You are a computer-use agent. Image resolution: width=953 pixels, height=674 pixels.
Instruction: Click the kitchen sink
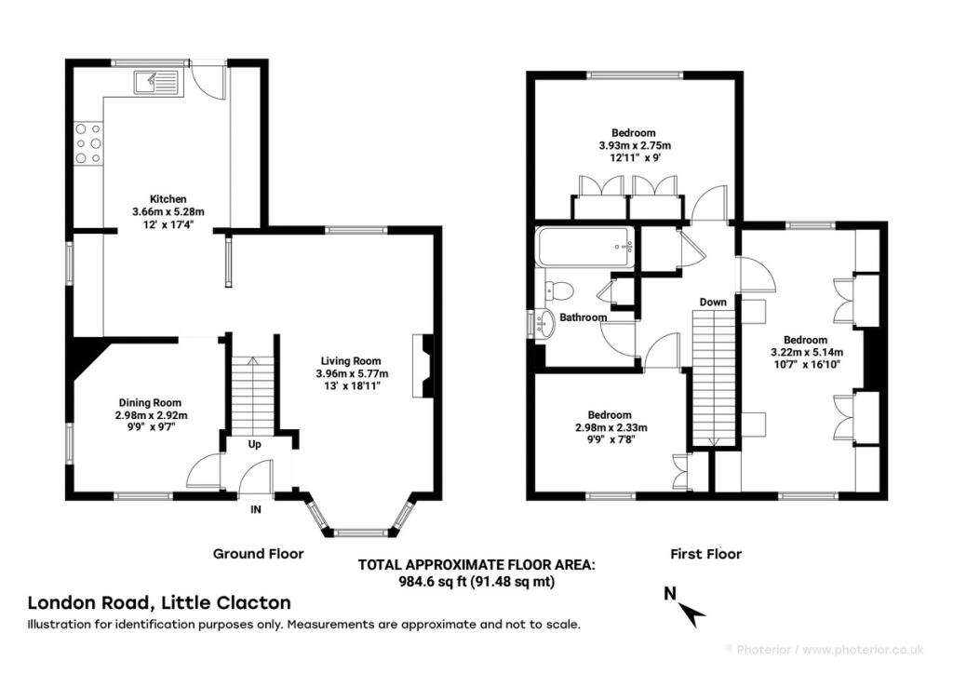pos(156,83)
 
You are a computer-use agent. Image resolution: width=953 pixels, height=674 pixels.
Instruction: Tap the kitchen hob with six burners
pos(88,143)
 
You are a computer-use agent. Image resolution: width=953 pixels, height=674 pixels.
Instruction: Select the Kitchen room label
pos(168,198)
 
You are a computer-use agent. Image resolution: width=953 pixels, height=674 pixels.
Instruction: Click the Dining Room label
pos(150,402)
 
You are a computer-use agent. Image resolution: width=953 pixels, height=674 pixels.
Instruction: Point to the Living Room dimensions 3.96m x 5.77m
pos(352,373)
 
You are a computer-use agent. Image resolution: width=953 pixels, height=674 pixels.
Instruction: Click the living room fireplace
pos(423,365)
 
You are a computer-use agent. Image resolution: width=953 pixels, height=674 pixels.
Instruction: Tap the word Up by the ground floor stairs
pos(255,444)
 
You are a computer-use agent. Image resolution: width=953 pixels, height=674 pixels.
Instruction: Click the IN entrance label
pos(256,509)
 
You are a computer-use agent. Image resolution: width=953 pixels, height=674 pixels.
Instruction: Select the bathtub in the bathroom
pos(585,247)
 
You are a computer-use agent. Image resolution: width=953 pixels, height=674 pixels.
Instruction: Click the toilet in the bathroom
pos(559,290)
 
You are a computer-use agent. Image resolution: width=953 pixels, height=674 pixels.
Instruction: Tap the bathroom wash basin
pos(543,323)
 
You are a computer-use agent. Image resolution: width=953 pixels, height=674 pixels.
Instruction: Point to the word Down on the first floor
pos(713,302)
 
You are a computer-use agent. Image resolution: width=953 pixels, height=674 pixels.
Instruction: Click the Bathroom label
pos(583,317)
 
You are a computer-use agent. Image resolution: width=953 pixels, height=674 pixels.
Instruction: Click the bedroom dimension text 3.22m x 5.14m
pos(807,353)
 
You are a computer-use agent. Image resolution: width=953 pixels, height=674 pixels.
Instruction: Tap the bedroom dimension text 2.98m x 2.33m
pos(611,427)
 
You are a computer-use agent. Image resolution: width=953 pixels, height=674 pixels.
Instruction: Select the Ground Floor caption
pos(259,554)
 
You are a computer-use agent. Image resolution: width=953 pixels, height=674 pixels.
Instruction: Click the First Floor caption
pos(706,554)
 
